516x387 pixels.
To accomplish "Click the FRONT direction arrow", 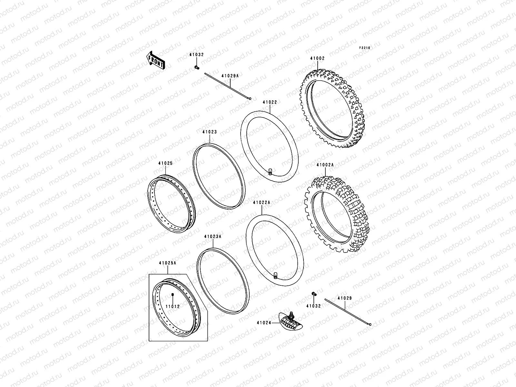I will (156, 60).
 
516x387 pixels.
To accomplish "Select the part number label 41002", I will (317, 59).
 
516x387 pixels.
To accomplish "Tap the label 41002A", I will (325, 165).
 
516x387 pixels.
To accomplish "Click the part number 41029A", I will (230, 76).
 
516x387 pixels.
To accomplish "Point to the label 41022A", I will (262, 203).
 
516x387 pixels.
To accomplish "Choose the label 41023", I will (209, 132).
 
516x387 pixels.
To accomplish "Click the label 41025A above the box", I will (167, 263).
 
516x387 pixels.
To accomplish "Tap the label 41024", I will (264, 322).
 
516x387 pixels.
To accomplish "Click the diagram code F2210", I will (365, 48).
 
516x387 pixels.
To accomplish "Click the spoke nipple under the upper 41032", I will (196, 67).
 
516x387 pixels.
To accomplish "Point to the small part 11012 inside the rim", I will (173, 295).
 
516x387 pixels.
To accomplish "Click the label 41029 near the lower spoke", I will (345, 298).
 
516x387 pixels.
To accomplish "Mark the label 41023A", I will (213, 236).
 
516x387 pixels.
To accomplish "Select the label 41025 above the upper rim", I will (165, 163).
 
